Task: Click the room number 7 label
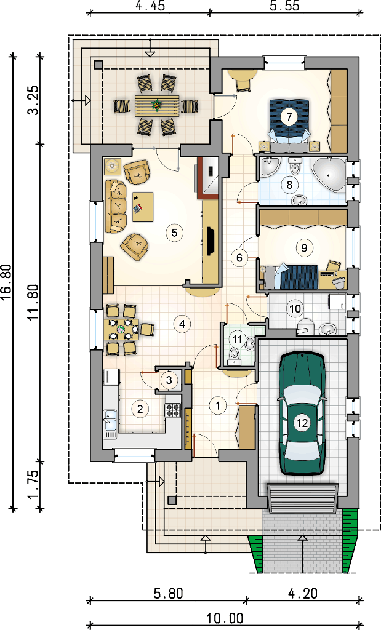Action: click(x=289, y=117)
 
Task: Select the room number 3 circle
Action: click(x=169, y=380)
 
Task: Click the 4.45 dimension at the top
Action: click(x=150, y=6)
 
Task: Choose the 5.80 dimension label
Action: click(x=169, y=594)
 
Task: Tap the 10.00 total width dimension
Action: click(x=225, y=618)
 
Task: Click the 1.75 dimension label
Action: click(x=34, y=484)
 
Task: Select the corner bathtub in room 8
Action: click(x=329, y=174)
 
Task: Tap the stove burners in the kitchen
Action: click(x=173, y=410)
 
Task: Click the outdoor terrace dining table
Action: click(x=157, y=106)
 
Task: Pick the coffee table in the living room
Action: click(x=143, y=207)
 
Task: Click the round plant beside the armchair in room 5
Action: click(x=112, y=165)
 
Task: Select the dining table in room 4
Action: click(x=122, y=330)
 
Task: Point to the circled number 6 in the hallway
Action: click(x=240, y=257)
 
